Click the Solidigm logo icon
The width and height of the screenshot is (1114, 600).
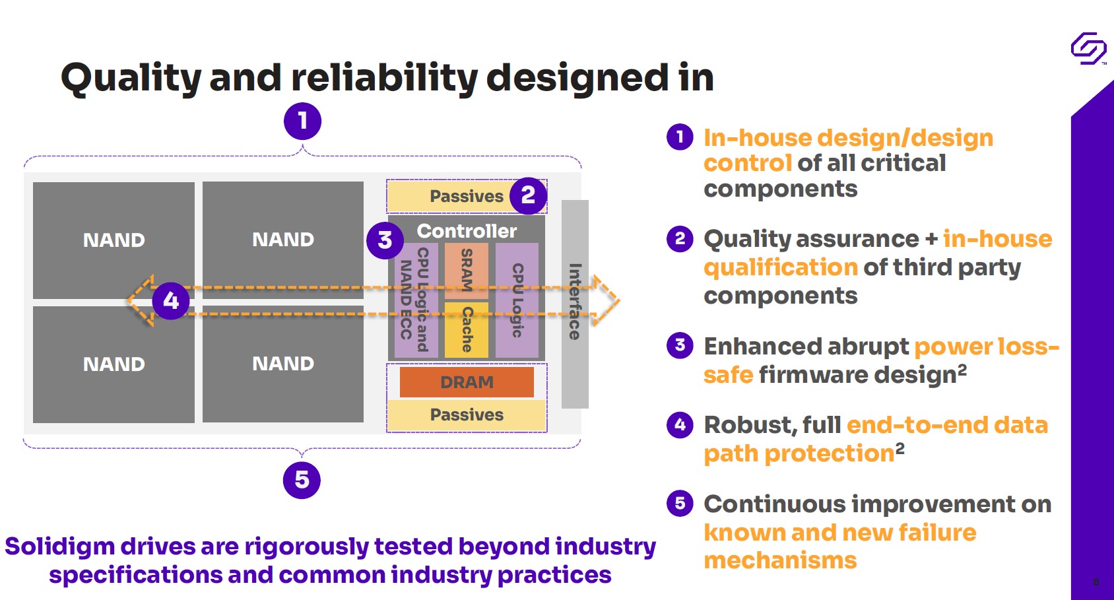click(x=1088, y=48)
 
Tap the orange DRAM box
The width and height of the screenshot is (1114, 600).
click(x=467, y=382)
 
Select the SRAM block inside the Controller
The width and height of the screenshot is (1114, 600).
click(x=467, y=270)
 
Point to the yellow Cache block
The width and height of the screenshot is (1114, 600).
click(x=467, y=329)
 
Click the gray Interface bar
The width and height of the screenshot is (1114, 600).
click(x=575, y=304)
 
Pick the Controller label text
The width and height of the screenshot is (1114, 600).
click(x=467, y=231)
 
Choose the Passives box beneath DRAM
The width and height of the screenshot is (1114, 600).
click(x=467, y=415)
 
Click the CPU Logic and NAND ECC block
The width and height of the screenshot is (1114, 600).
click(x=415, y=300)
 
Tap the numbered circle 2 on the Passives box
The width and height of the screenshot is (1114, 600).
click(x=528, y=195)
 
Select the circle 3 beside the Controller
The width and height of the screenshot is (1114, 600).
click(x=385, y=240)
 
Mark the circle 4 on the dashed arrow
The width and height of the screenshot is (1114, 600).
click(x=171, y=301)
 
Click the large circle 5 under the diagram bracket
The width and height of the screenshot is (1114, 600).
click(x=302, y=480)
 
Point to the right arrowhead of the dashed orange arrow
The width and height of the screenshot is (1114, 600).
click(x=606, y=301)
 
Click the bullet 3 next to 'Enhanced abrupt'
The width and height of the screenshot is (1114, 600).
click(x=680, y=345)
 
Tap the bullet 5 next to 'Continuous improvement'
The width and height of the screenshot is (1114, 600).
click(x=680, y=503)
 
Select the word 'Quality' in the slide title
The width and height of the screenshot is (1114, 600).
click(x=131, y=78)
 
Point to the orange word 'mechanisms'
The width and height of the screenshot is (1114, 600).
click(x=780, y=560)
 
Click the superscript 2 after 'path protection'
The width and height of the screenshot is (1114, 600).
click(x=900, y=448)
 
